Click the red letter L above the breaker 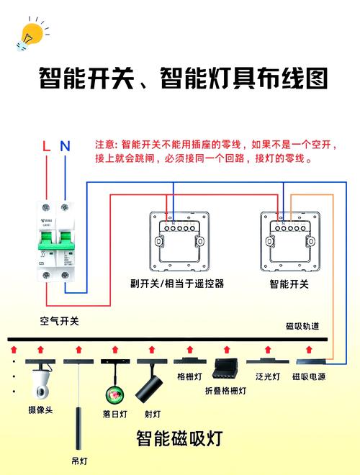click(46, 146)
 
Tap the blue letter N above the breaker click(65, 146)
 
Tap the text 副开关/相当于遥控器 click(177, 284)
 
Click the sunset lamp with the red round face click(114, 394)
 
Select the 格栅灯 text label click(189, 376)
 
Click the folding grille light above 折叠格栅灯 click(226, 368)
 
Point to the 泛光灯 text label click(267, 376)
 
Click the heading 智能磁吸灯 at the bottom click(179, 438)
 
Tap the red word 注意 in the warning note click(105, 145)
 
